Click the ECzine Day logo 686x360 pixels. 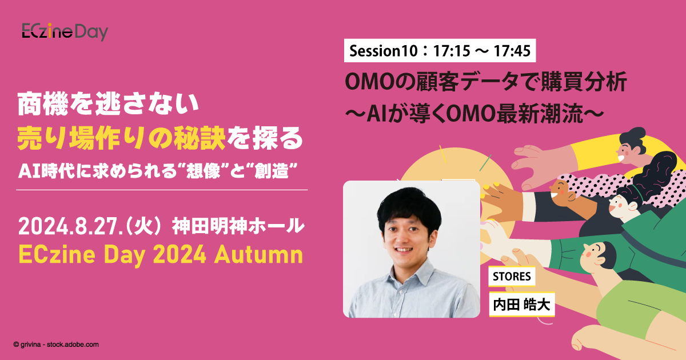tap(65, 32)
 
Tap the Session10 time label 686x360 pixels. tap(440, 52)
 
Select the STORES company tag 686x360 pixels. tap(510, 277)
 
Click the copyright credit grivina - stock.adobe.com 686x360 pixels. tap(56, 345)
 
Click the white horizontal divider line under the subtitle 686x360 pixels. tap(162, 190)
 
